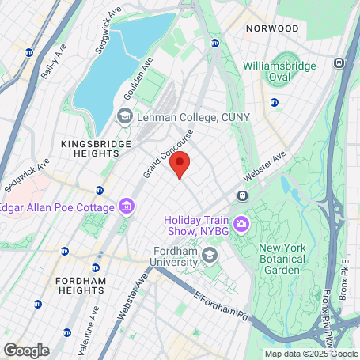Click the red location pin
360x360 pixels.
click(x=180, y=166)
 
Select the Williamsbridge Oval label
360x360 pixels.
click(x=279, y=70)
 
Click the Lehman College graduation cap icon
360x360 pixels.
click(x=125, y=117)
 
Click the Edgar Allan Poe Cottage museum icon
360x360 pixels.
click(x=126, y=208)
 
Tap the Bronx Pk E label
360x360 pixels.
click(x=346, y=274)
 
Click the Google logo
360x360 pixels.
click(x=26, y=350)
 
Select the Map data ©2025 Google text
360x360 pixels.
click(x=310, y=354)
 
